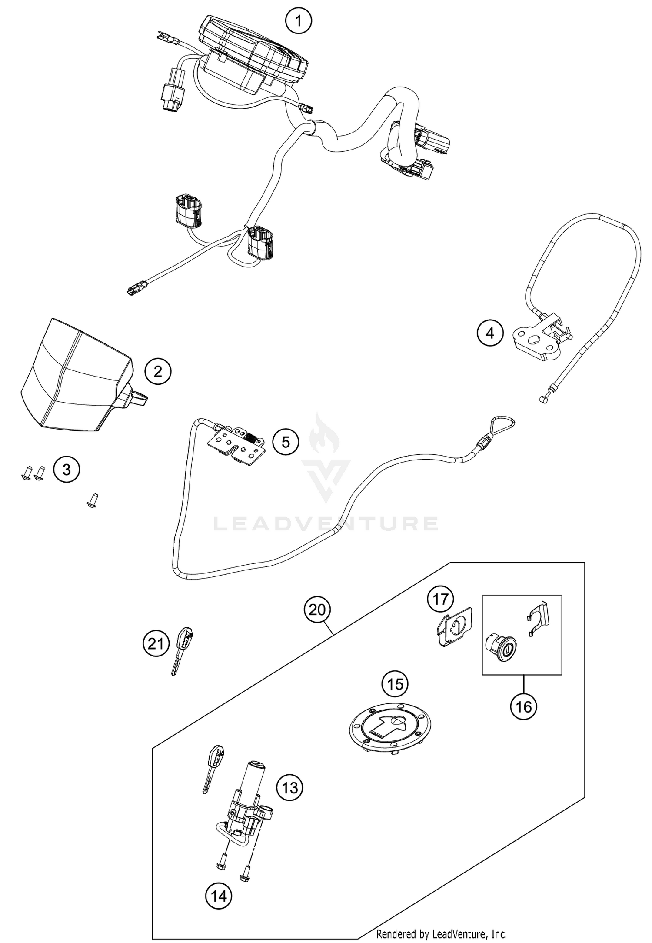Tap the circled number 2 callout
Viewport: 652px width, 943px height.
[158, 371]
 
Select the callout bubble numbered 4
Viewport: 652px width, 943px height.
[490, 333]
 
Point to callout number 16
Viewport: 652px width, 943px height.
[524, 706]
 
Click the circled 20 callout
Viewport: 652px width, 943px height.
[317, 610]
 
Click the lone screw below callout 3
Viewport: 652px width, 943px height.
[92, 500]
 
